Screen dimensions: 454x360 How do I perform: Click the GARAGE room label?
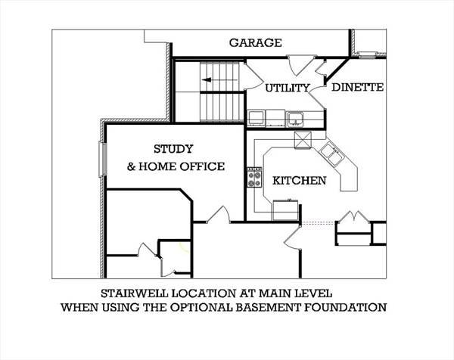(256, 42)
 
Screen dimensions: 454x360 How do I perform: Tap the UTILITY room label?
(288, 88)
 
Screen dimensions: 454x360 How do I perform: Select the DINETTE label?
(358, 87)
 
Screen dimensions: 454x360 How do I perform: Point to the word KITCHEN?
(300, 180)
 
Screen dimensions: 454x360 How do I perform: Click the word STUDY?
(173, 149)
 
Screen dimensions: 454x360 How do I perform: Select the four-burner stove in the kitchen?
(254, 177)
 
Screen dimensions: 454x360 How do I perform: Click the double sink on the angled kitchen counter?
(332, 153)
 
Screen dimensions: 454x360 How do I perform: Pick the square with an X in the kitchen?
(303, 140)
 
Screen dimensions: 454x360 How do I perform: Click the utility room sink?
(295, 119)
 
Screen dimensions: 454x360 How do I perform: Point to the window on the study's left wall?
(103, 159)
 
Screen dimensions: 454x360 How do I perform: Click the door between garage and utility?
(300, 65)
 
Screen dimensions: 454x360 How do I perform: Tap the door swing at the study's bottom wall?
(219, 215)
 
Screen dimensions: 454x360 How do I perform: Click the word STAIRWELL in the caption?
(135, 293)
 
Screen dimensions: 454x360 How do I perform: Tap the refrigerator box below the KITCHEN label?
(285, 209)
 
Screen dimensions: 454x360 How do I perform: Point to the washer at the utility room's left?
(257, 118)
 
